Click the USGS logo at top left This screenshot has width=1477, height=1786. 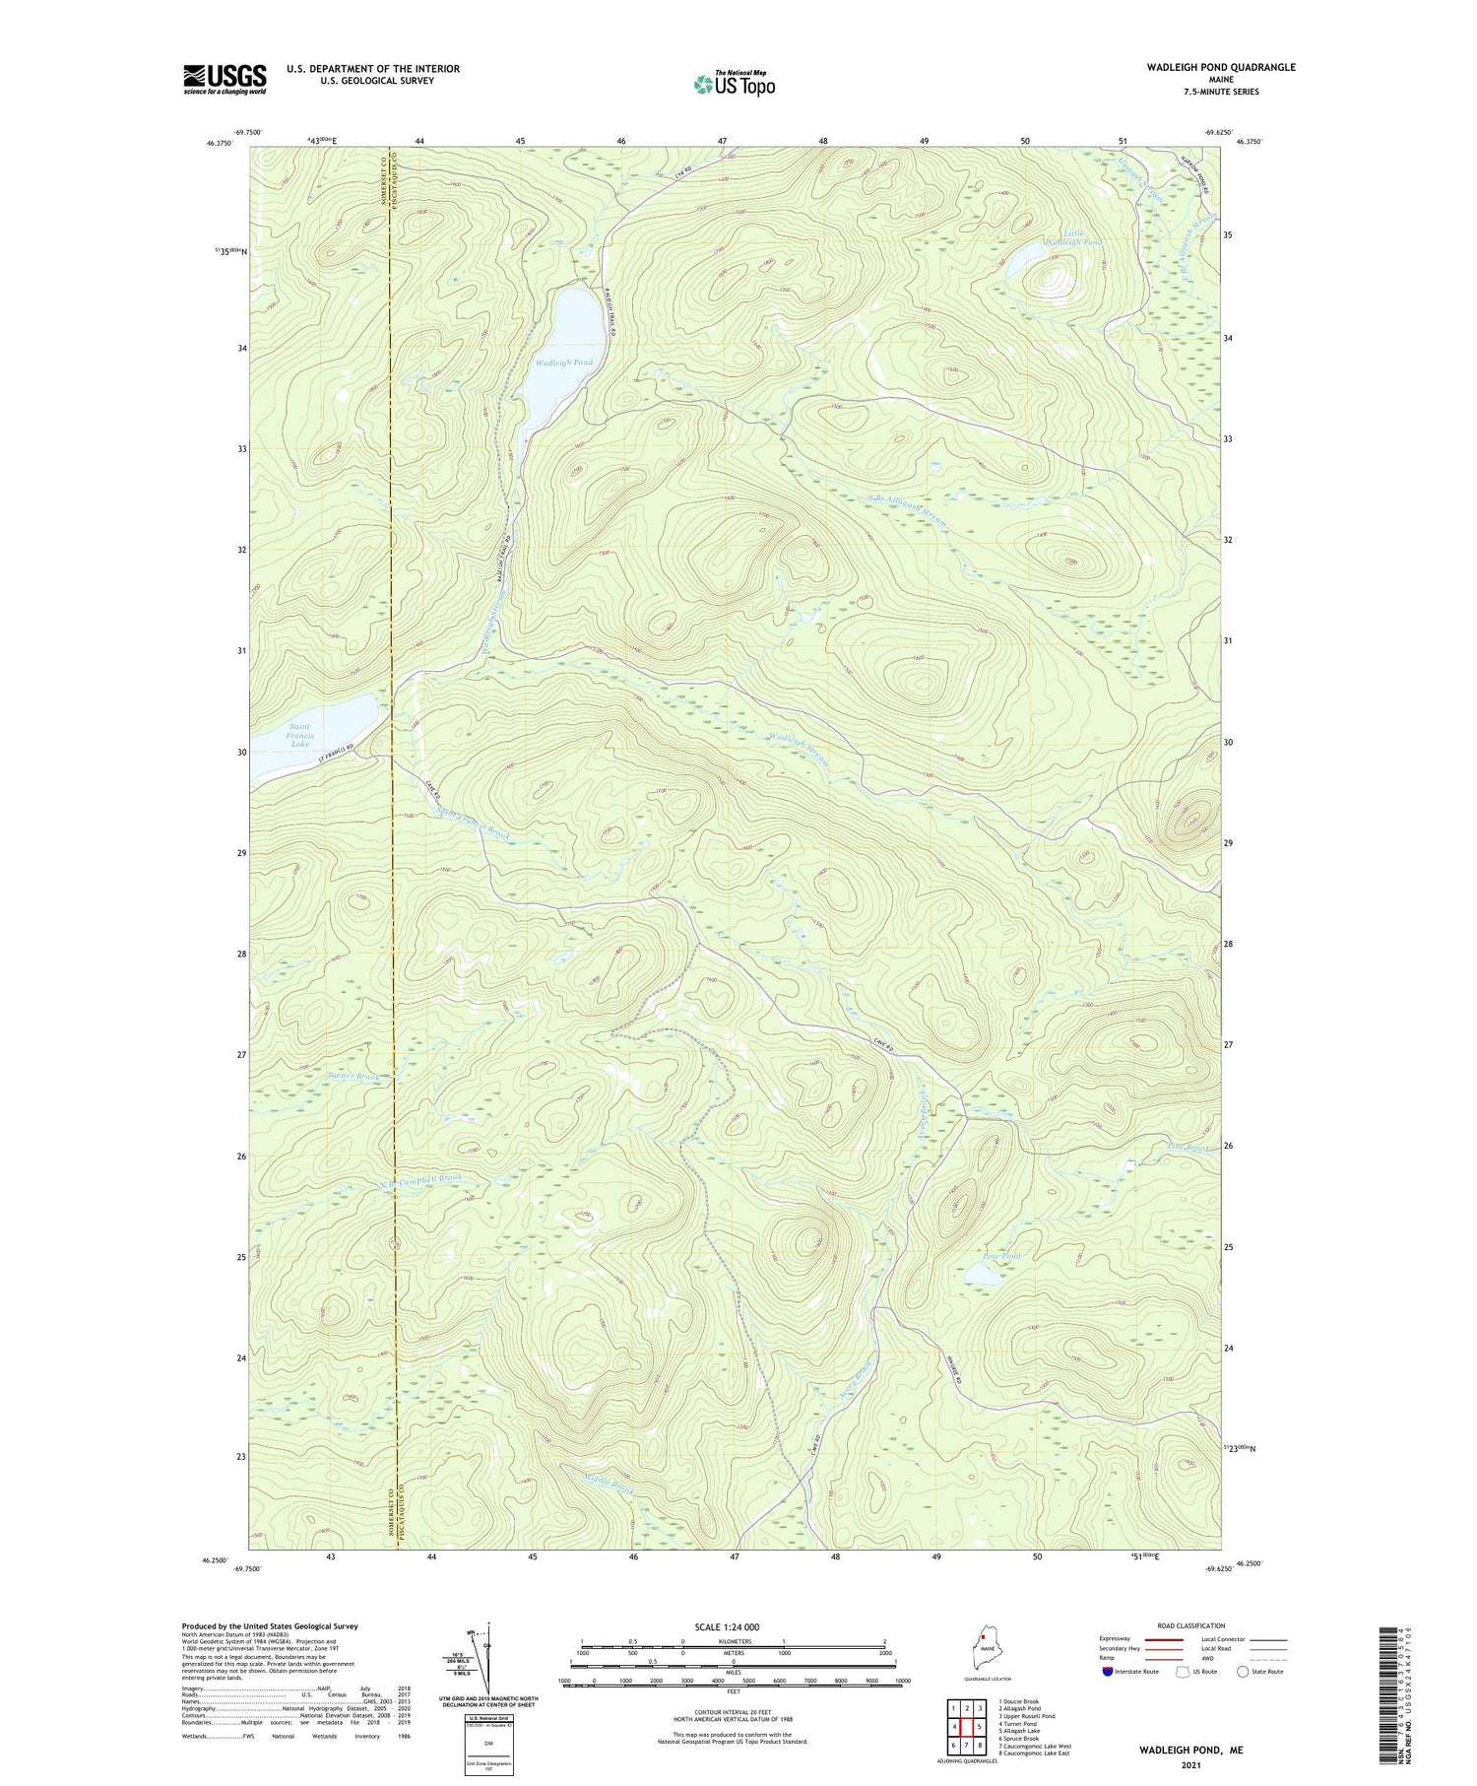pyautogui.click(x=225, y=79)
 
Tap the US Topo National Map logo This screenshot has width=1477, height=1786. pyautogui.click(x=734, y=85)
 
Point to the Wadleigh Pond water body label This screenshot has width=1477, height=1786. pyautogui.click(x=564, y=363)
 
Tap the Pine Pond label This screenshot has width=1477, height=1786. pyautogui.click(x=1002, y=1257)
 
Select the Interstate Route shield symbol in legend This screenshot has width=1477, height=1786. pyautogui.click(x=1109, y=1671)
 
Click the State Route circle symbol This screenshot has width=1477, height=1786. pyautogui.click(x=1243, y=1671)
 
